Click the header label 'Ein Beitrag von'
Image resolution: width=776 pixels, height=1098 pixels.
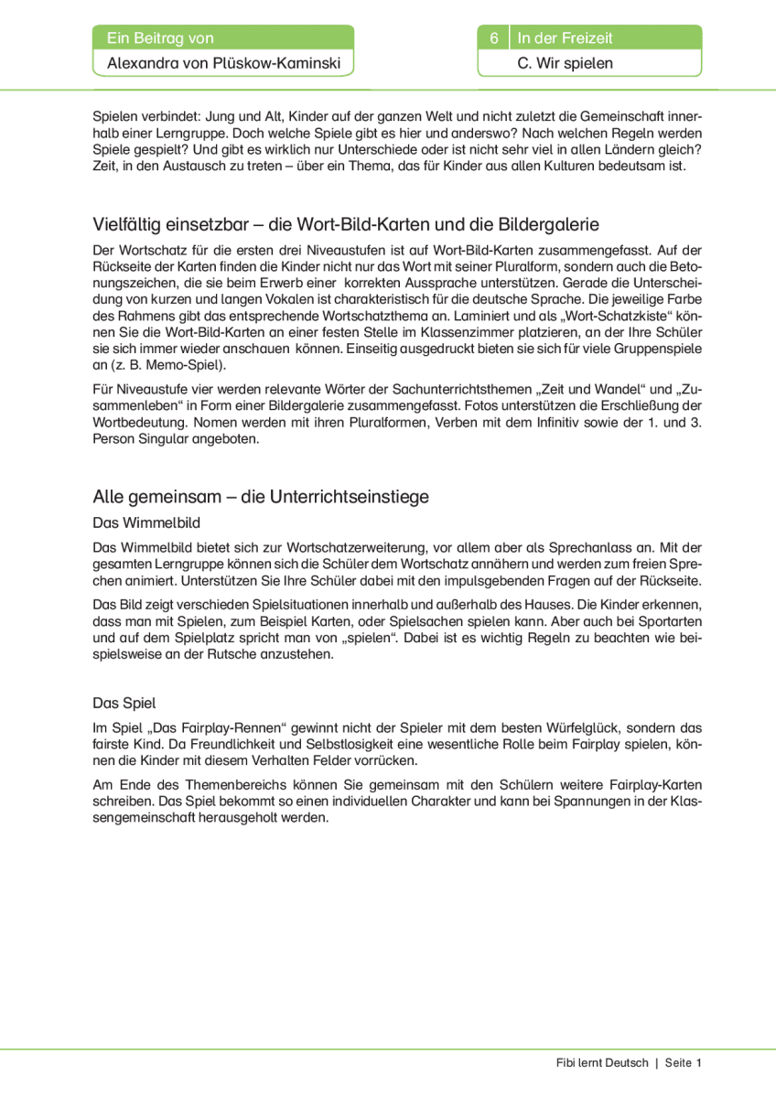click(160, 38)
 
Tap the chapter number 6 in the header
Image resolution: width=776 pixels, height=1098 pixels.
click(493, 38)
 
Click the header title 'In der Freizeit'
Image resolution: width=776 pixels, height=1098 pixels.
click(565, 38)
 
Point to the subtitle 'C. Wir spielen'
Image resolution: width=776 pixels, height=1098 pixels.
click(565, 64)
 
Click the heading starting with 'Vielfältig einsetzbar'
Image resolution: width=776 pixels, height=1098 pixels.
click(346, 225)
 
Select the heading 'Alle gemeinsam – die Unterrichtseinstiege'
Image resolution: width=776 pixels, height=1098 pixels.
click(261, 497)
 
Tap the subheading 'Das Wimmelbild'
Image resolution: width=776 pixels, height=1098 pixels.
click(146, 522)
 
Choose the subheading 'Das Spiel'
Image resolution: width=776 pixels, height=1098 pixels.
click(124, 703)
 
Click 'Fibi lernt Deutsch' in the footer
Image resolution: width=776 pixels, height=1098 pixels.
click(601, 1062)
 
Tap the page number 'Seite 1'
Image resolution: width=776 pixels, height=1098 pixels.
click(684, 1062)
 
